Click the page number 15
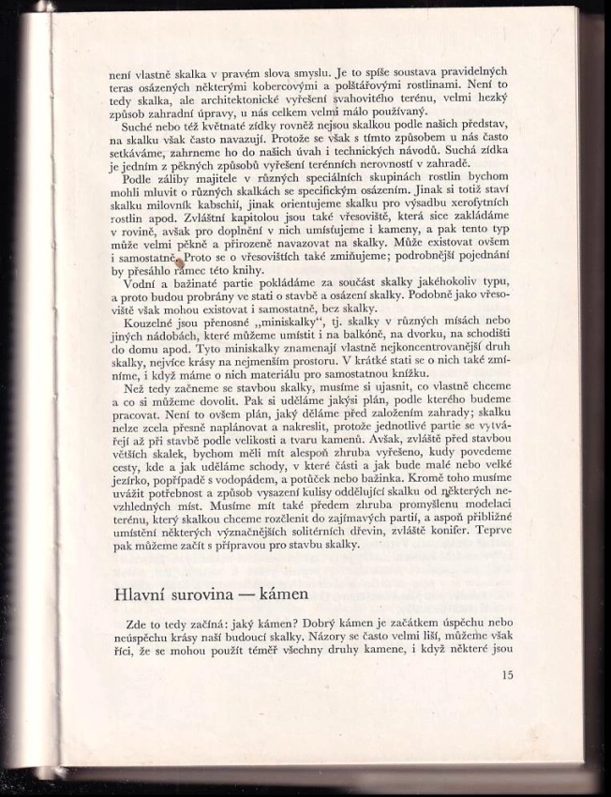(507, 674)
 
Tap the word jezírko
(133, 476)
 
